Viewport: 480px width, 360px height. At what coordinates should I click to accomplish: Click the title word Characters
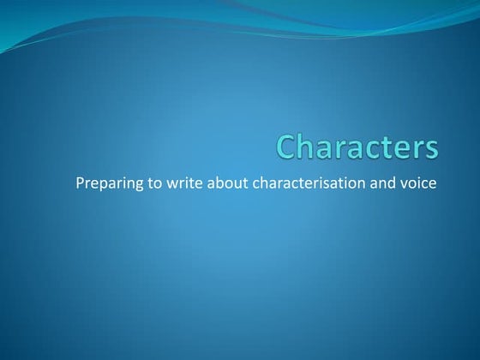pyautogui.click(x=357, y=147)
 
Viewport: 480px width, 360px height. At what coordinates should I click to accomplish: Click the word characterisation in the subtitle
pyautogui.click(x=306, y=183)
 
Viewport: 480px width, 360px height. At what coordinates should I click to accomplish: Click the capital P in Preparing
pyautogui.click(x=81, y=183)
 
